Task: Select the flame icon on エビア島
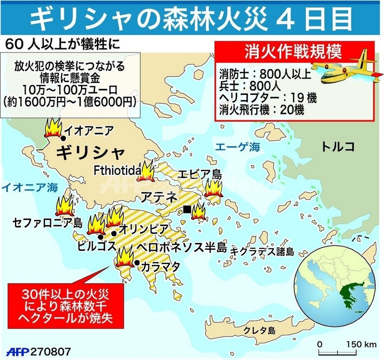pos(212,187)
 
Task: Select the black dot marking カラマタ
pos(137,263)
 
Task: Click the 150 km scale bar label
pos(361,344)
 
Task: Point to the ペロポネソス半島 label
pos(182,247)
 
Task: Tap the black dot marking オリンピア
pos(114,233)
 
